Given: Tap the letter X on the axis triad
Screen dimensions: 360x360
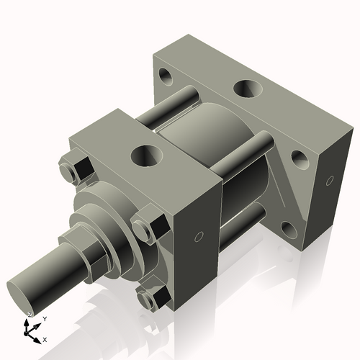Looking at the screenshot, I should (x=45, y=338).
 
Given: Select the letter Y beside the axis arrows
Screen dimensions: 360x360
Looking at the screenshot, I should (x=44, y=318).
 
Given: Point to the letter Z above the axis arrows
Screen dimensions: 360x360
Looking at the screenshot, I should (x=29, y=315).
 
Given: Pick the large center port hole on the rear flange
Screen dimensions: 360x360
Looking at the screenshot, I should (x=246, y=89).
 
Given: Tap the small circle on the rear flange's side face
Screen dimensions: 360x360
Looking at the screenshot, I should (x=330, y=179).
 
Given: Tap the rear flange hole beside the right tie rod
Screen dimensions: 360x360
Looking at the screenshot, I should (x=298, y=158).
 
